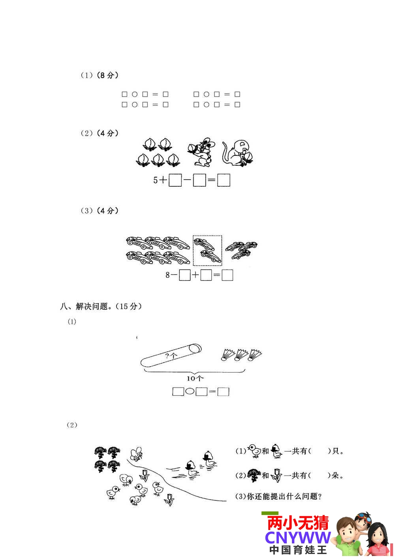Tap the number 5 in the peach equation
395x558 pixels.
pyautogui.click(x=155, y=180)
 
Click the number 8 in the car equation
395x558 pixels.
pyautogui.click(x=167, y=275)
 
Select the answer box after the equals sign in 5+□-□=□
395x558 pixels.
pyautogui.click(x=224, y=180)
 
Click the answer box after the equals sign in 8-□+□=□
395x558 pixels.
pyautogui.click(x=227, y=275)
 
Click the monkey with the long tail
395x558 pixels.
pyautogui.click(x=237, y=153)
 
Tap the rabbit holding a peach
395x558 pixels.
pyautogui.click(x=200, y=152)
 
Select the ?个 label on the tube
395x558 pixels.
pyautogui.click(x=171, y=356)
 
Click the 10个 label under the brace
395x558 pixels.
pyautogui.click(x=195, y=379)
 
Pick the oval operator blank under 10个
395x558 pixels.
pyautogui.click(x=190, y=391)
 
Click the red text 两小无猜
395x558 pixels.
pyautogui.click(x=298, y=523)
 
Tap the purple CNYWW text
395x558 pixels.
pyautogui.click(x=298, y=538)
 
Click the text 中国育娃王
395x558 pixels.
pyautogui.click(x=298, y=550)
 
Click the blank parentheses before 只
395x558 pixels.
pyautogui.click(x=320, y=451)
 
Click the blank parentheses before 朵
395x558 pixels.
pyautogui.click(x=320, y=476)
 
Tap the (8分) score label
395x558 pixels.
pyautogui.click(x=107, y=75)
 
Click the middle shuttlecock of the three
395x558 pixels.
pyautogui.click(x=241, y=355)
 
